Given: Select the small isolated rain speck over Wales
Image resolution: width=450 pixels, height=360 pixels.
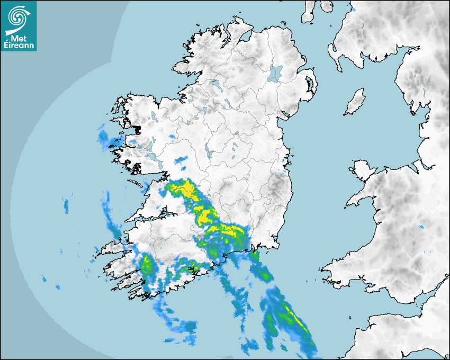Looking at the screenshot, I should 421,227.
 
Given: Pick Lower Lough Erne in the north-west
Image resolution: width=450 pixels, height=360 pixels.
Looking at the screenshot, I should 215,84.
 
